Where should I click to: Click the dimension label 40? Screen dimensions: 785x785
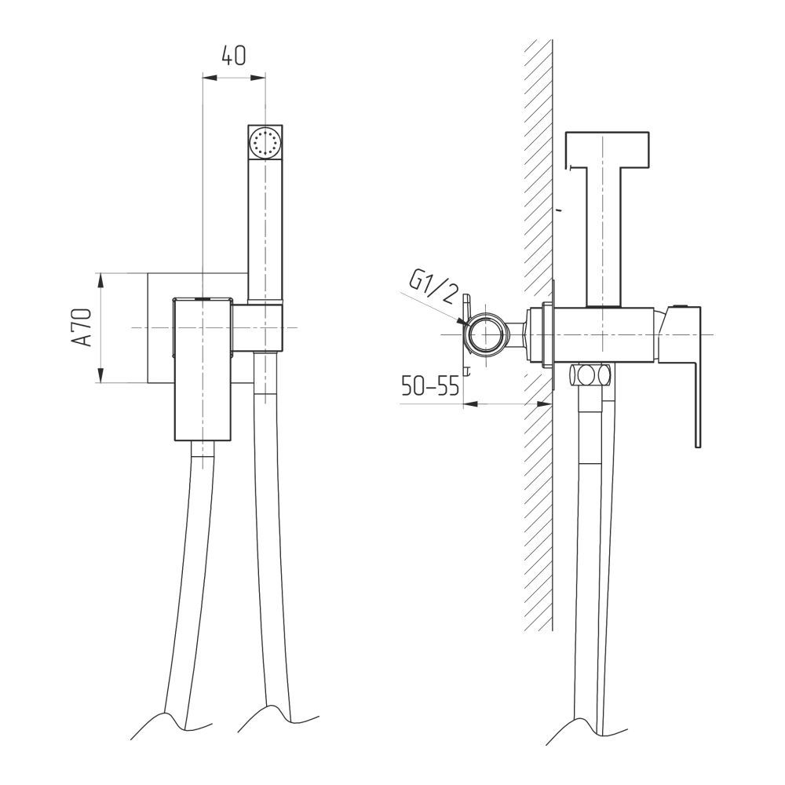coord(234,55)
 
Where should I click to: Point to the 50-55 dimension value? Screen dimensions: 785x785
coord(430,386)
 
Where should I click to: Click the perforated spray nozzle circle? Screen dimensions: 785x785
coord(265,141)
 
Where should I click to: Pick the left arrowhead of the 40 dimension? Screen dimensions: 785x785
coord(210,77)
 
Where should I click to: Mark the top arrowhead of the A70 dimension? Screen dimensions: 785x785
coord(101,280)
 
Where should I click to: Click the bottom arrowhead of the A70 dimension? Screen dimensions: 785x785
coord(101,375)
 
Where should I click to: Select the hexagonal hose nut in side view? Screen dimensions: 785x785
coord(591,374)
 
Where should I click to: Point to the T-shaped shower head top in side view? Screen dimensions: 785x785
coord(607,149)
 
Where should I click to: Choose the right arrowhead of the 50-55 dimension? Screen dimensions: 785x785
coord(545,403)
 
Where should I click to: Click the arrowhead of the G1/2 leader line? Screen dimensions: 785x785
coord(464,323)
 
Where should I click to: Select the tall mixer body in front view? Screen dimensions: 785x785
coord(203,370)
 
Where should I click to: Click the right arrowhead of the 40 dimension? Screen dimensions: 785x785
coord(257,77)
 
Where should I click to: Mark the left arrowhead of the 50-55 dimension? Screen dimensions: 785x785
coord(471,403)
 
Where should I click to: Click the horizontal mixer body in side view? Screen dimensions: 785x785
coord(603,334)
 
